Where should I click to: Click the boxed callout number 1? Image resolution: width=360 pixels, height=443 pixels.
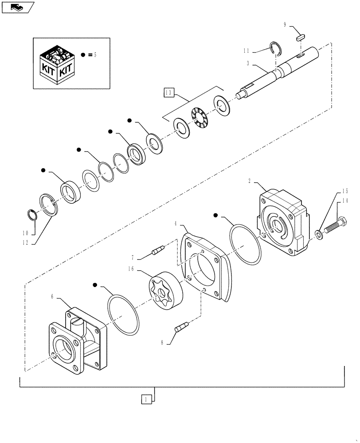[144, 399]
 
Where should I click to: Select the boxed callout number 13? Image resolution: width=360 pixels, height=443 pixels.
[168, 92]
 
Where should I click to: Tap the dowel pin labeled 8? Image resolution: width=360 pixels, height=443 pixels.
[181, 328]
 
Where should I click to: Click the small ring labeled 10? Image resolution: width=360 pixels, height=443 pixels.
[32, 214]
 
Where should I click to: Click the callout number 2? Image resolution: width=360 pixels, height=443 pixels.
[250, 181]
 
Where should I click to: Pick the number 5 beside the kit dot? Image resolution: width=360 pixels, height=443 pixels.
[95, 55]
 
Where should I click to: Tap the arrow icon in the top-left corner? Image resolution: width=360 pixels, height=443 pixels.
[18, 7]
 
